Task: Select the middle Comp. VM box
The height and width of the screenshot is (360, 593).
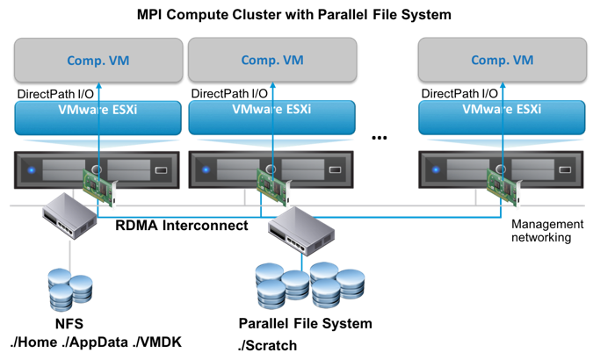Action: click(271, 61)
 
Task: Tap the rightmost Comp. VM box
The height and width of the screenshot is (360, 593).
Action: click(502, 61)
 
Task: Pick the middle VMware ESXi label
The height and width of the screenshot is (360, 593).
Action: click(271, 112)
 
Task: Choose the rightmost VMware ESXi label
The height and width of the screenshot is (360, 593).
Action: click(502, 112)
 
